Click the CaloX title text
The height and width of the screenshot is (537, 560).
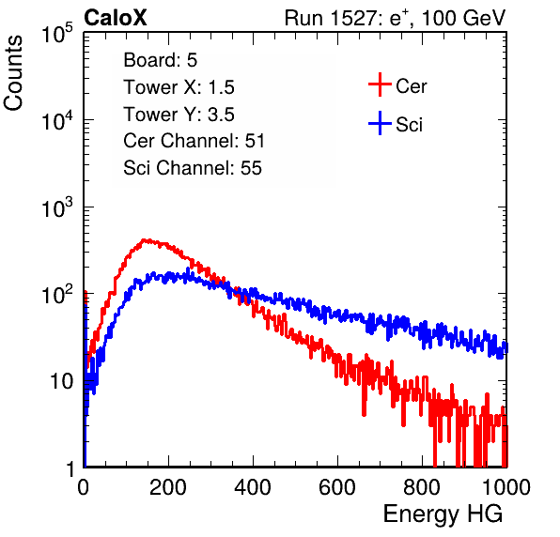116,18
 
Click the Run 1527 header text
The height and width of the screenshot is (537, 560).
395,18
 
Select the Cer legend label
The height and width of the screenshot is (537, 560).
411,86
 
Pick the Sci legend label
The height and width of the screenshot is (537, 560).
409,125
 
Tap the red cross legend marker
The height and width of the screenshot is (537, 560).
380,84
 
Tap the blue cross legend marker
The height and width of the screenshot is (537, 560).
380,123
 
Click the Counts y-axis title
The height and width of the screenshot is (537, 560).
13,73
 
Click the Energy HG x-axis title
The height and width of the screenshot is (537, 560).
443,514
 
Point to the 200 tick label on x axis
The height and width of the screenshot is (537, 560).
168,487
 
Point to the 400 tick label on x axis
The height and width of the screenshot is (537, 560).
253,487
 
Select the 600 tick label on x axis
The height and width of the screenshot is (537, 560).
337,487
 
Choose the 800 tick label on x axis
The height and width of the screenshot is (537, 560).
422,487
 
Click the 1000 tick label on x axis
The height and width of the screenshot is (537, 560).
506,487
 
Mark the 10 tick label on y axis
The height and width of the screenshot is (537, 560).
61,381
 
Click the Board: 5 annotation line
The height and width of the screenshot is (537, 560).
161,60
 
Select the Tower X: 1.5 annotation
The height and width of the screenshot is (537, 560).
179,87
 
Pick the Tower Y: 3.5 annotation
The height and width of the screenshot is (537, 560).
179,115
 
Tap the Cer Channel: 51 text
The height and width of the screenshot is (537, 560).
194,141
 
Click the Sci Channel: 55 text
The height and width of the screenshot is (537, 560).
193,168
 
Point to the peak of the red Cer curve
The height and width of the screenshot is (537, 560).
145,240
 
